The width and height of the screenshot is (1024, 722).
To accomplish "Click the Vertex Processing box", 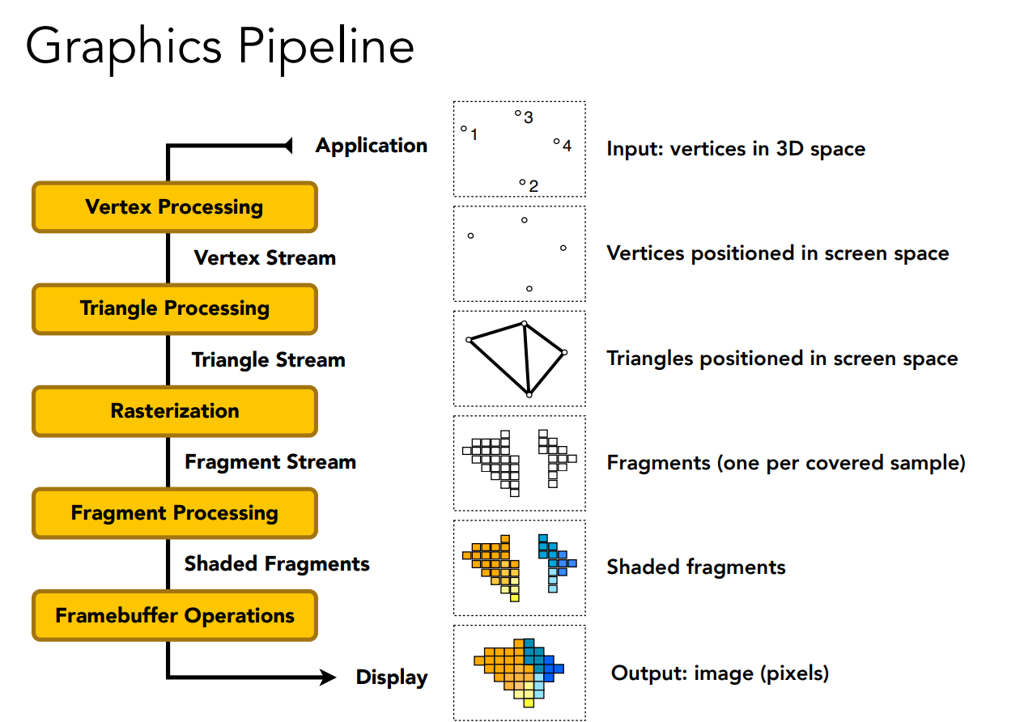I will pos(174,207).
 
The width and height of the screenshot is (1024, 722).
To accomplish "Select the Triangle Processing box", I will pos(174,309).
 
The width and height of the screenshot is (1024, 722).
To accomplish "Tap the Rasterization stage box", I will pos(174,411).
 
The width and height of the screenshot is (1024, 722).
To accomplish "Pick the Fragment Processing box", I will pos(174,513).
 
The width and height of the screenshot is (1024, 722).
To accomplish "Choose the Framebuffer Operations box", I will pos(174,616).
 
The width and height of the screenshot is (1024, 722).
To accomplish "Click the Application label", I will pos(372,146).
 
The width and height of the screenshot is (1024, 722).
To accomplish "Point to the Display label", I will pos(392,677).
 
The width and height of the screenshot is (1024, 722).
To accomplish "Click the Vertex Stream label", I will pos(265,258).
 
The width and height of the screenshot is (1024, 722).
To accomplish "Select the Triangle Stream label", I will pos(268,360).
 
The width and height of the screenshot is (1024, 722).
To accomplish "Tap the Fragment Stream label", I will pos(270,462).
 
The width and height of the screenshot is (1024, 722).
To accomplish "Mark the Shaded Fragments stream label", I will pos(277,564).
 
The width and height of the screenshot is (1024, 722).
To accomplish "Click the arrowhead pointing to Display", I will pos(327,677).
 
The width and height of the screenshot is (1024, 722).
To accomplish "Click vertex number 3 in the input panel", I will pos(518,113).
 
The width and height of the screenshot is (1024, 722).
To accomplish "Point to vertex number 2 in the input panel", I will pos(522,183).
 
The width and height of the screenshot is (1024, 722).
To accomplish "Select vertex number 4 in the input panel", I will pos(556,142).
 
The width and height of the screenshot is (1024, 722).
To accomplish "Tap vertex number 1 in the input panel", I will pos(464,129).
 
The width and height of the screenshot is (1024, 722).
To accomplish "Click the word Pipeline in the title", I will pos(326,47).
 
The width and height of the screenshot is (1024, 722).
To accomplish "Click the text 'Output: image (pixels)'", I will pos(720,673).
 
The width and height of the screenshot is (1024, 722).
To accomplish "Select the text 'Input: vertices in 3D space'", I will pos(736,149).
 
